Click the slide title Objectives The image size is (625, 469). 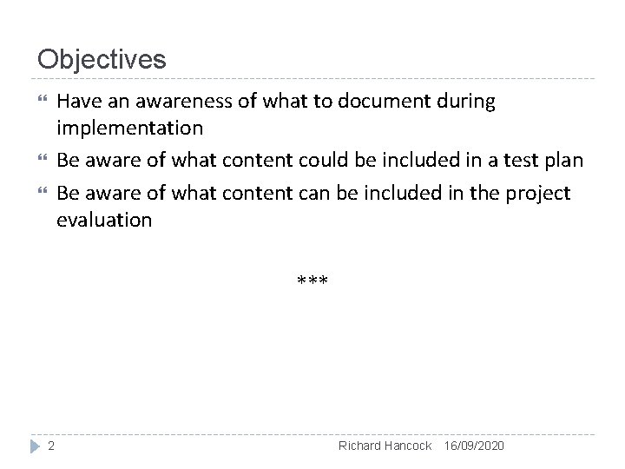click(102, 59)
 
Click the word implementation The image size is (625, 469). click(129, 129)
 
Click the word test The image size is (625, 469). click(520, 161)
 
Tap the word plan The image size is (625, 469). click(563, 161)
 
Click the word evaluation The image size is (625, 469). click(104, 220)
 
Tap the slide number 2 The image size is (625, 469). click(51, 446)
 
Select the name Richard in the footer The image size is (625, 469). click(360, 446)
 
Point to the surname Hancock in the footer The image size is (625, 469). click(408, 446)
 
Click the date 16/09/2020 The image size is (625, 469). click(473, 446)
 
